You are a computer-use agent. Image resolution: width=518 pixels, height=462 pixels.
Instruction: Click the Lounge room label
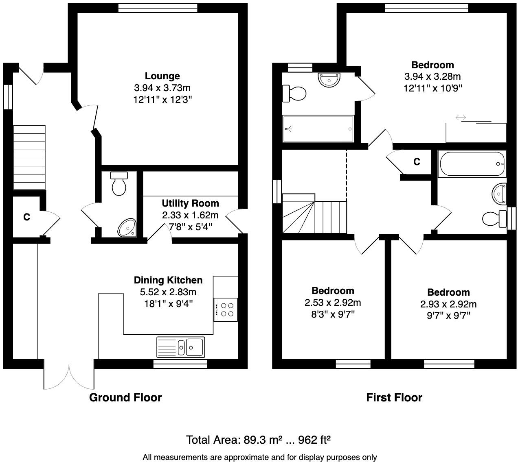(162, 76)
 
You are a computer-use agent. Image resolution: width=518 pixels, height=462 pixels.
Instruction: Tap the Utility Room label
(190, 203)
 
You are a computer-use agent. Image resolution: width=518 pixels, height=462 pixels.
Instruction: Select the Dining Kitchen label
(168, 280)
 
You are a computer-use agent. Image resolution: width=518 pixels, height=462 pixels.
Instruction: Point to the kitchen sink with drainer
(180, 347)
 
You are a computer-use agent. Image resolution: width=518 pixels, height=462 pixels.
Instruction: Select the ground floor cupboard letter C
(26, 217)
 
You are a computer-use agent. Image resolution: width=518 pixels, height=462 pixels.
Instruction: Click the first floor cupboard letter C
(417, 162)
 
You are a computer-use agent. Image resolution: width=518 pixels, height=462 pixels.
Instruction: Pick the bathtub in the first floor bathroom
(472, 163)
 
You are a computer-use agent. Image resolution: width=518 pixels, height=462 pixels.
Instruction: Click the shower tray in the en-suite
(318, 129)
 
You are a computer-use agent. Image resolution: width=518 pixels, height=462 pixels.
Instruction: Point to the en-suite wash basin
(329, 79)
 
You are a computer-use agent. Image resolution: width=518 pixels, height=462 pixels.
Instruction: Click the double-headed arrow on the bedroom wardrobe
(461, 118)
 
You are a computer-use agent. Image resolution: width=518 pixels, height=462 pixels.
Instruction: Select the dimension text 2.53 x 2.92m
(332, 303)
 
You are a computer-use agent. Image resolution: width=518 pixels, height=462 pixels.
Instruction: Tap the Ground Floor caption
(125, 397)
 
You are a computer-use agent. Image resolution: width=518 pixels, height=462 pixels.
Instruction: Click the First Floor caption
(394, 397)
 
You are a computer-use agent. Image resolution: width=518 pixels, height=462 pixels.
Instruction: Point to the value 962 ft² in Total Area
(314, 440)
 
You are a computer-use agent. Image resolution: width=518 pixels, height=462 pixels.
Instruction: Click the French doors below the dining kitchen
(69, 376)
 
